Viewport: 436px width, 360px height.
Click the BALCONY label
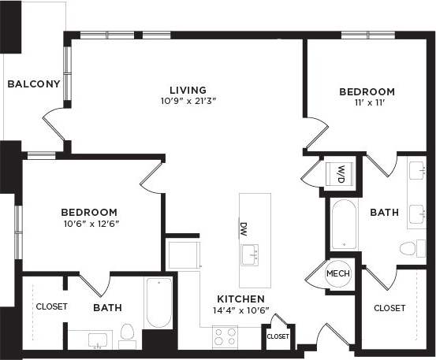(x=34, y=84)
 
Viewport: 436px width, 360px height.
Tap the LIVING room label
(x=188, y=90)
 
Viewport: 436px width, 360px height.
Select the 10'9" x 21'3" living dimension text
(x=188, y=101)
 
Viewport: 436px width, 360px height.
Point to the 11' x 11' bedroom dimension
(x=367, y=103)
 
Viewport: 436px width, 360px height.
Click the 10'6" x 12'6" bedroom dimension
(x=90, y=223)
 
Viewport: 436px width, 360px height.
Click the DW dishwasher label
(x=244, y=228)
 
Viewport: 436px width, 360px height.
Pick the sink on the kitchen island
(x=252, y=254)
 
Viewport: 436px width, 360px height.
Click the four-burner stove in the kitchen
(x=225, y=337)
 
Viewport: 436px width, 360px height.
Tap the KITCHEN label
(x=240, y=299)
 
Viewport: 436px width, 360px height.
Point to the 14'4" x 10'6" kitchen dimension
(x=240, y=310)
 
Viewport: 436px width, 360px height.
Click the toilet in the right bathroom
(x=408, y=249)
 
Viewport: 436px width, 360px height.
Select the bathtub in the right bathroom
(x=345, y=224)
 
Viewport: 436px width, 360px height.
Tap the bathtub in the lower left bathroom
(x=158, y=302)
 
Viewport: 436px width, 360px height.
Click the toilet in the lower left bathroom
(x=127, y=333)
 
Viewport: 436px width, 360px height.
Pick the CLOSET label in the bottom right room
(x=389, y=308)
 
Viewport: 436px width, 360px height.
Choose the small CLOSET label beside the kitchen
(x=278, y=336)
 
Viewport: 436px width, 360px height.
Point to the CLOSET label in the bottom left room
(x=51, y=306)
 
